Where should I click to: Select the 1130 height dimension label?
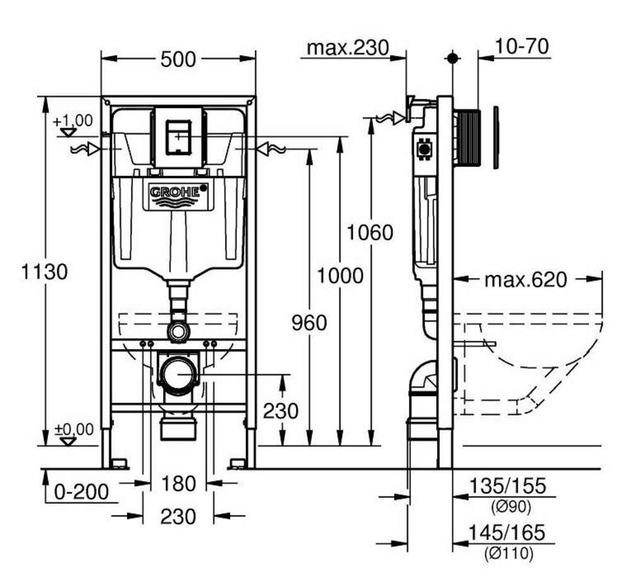pyautogui.click(x=44, y=272)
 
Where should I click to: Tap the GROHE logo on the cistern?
pyautogui.click(x=179, y=193)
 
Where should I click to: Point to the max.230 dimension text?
pyautogui.click(x=346, y=47)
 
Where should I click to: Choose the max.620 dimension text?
pyautogui.click(x=526, y=279)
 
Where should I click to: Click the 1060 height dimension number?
pyautogui.click(x=370, y=232)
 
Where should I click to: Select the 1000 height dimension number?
pyautogui.click(x=340, y=275)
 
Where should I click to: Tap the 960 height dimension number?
pyautogui.click(x=309, y=323)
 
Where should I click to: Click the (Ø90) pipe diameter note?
pyautogui.click(x=508, y=506)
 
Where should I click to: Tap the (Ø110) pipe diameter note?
pyautogui.click(x=508, y=554)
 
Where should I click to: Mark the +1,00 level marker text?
pyautogui.click(x=73, y=121)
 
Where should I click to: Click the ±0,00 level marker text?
pyautogui.click(x=74, y=430)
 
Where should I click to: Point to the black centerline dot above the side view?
pyautogui.click(x=452, y=58)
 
